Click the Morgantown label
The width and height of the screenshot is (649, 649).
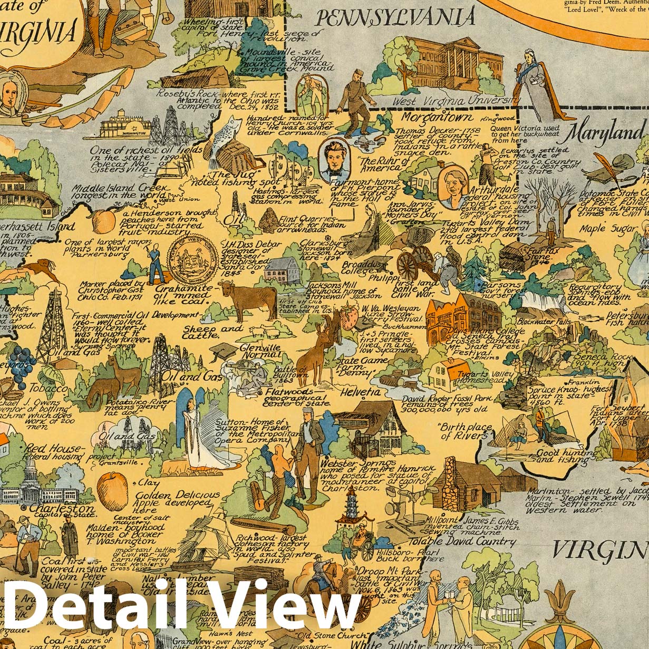pyautogui.click(x=437, y=117)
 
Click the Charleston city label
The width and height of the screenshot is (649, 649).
pyautogui.click(x=62, y=509)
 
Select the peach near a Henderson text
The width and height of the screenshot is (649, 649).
pyautogui.click(x=103, y=220)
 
